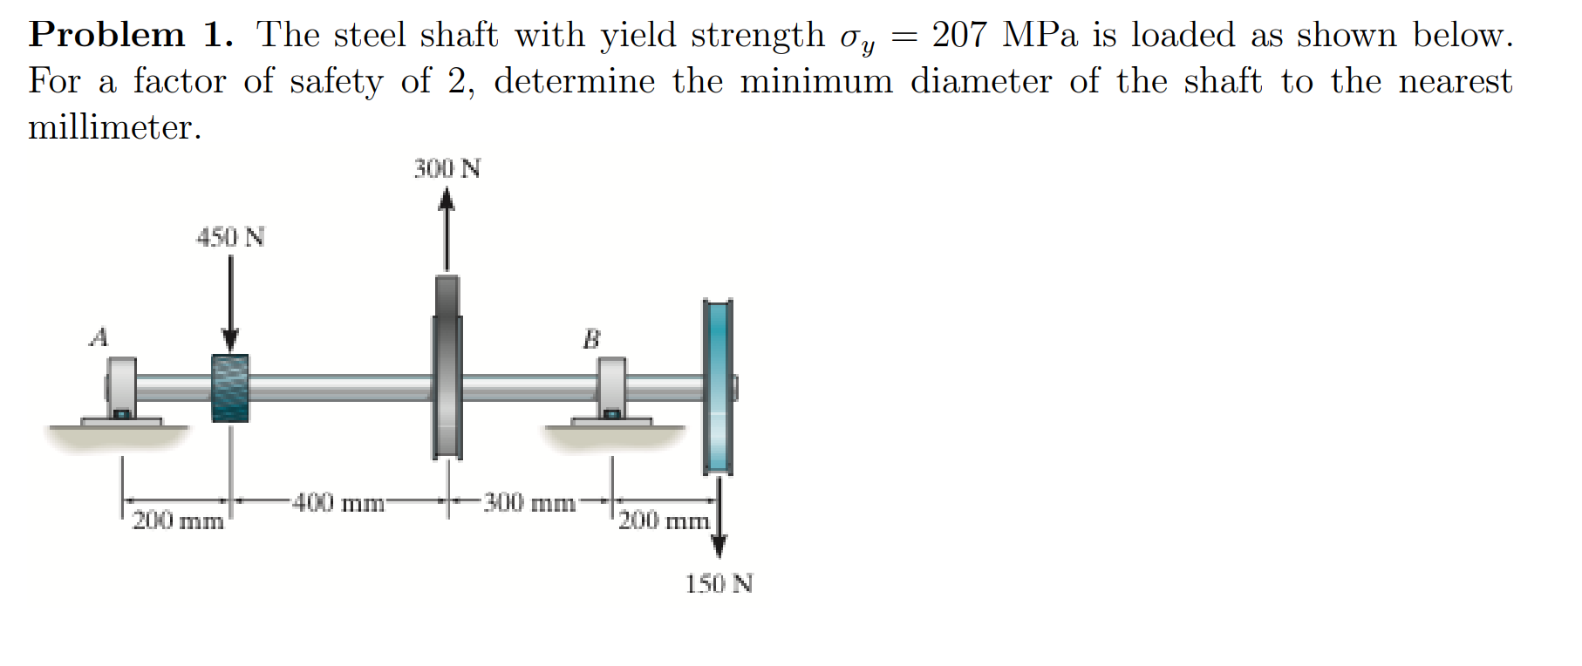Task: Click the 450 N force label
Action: click(x=230, y=237)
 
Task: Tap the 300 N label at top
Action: click(x=447, y=168)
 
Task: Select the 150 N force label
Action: click(x=719, y=583)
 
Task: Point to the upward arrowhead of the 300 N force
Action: click(x=447, y=200)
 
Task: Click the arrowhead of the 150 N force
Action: click(x=719, y=547)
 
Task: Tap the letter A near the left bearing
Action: click(x=99, y=336)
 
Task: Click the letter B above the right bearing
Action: click(x=591, y=339)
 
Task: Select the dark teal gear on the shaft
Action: click(x=230, y=388)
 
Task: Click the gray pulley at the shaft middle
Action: click(x=447, y=366)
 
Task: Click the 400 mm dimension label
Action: click(x=338, y=503)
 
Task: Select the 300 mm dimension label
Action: click(x=529, y=503)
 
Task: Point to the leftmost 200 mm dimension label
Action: click(x=178, y=521)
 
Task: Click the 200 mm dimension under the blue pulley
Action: click(x=664, y=521)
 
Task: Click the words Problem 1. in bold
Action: click(x=131, y=35)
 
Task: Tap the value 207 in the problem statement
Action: click(x=958, y=35)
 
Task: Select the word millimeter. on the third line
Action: click(x=115, y=127)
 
